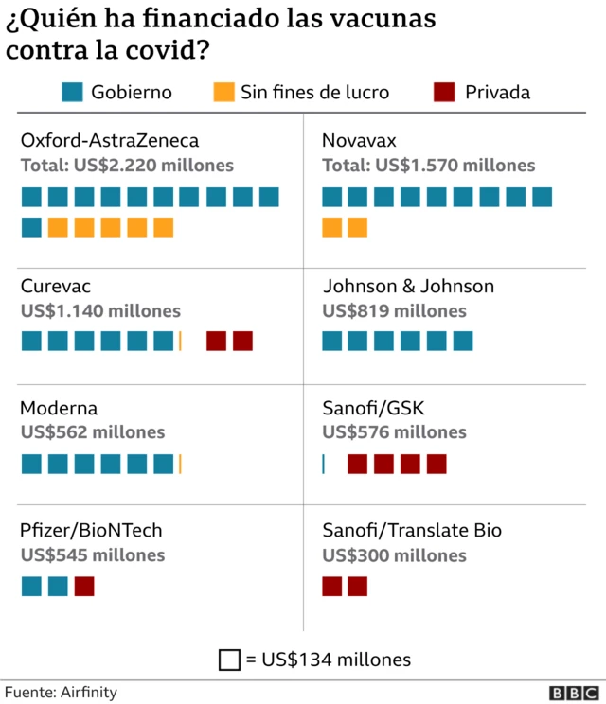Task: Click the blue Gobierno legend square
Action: [71, 92]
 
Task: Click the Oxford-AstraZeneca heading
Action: [109, 141]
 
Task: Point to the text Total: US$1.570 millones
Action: [428, 166]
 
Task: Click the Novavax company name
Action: [359, 141]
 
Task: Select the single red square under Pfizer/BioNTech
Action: [84, 586]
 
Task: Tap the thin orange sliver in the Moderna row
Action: [180, 464]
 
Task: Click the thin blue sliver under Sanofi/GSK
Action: [323, 464]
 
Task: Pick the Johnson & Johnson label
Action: [408, 286]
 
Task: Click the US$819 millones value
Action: [394, 310]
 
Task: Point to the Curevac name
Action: [56, 286]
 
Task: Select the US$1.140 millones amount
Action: [100, 310]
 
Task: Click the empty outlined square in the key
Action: [228, 660]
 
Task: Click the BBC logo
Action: [571, 694]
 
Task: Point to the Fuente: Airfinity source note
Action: [61, 692]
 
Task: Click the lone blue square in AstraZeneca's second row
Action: [31, 227]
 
